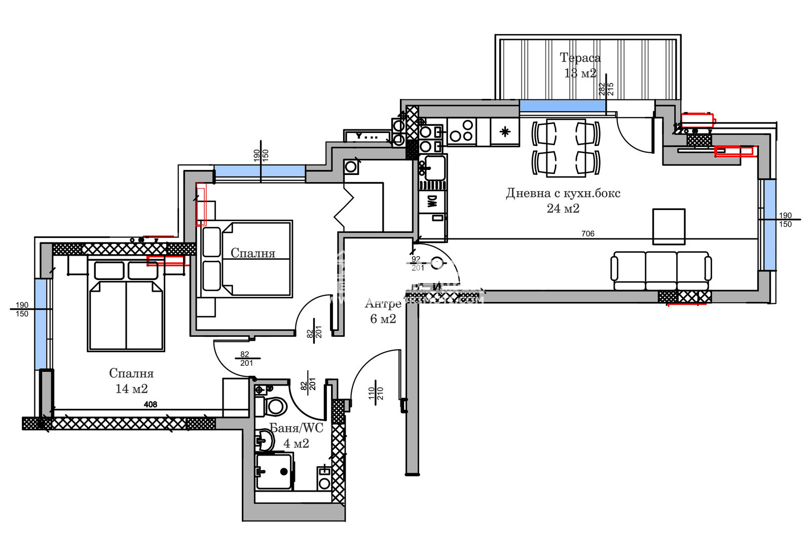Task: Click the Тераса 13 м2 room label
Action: pyautogui.click(x=580, y=65)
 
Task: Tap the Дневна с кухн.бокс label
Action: pyautogui.click(x=563, y=200)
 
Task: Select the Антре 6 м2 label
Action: pyautogui.click(x=383, y=311)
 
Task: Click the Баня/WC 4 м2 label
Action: pyautogui.click(x=296, y=435)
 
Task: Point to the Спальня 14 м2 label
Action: pyautogui.click(x=131, y=381)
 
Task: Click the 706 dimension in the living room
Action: pyautogui.click(x=587, y=234)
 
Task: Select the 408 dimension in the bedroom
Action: pyautogui.click(x=151, y=404)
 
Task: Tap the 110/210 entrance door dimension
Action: pyautogui.click(x=376, y=393)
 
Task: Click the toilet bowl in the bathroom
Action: pyautogui.click(x=275, y=406)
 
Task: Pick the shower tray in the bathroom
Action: pyautogui.click(x=274, y=472)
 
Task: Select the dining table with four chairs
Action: pyautogui.click(x=566, y=148)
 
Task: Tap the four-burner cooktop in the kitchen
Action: pyautogui.click(x=462, y=130)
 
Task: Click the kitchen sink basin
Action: pyautogui.click(x=434, y=167)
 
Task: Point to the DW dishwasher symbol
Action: pyautogui.click(x=432, y=201)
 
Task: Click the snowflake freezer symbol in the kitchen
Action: pyautogui.click(x=505, y=132)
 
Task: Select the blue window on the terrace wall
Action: pyautogui.click(x=562, y=106)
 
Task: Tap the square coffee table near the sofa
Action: pyautogui.click(x=669, y=226)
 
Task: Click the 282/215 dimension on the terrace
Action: pyautogui.click(x=606, y=89)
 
